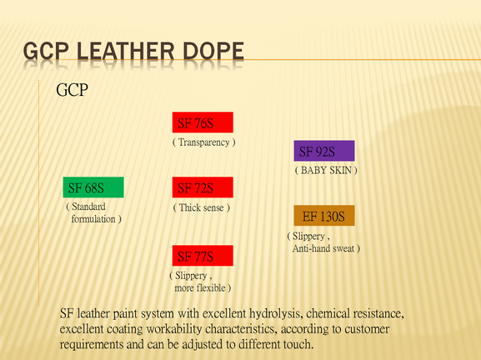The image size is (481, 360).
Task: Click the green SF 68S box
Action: pyautogui.click(x=93, y=187)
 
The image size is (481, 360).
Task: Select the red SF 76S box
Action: pyautogui.click(x=203, y=122)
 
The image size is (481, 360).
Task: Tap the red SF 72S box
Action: pyautogui.click(x=203, y=187)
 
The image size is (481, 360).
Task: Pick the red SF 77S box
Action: pyautogui.click(x=203, y=256)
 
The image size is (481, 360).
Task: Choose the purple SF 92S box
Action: pyautogui.click(x=324, y=151)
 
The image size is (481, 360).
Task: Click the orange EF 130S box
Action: pyautogui.click(x=324, y=216)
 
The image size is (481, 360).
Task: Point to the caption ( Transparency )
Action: pyautogui.click(x=204, y=142)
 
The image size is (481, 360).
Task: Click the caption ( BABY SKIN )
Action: pyautogui.click(x=326, y=170)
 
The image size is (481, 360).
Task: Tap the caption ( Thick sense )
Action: pyautogui.click(x=202, y=207)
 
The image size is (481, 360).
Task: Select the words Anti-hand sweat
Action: pyautogui.click(x=323, y=248)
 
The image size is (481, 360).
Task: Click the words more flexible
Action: pyautogui.click(x=200, y=288)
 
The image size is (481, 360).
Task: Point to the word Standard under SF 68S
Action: pyautogui.click(x=88, y=207)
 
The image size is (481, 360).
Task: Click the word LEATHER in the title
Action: pyautogui.click(x=125, y=51)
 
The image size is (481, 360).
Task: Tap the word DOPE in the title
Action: pyautogui.click(x=213, y=51)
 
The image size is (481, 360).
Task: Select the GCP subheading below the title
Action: pyautogui.click(x=72, y=90)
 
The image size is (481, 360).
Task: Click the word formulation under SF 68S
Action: pyautogui.click(x=93, y=219)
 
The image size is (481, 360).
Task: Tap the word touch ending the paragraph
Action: pyautogui.click(x=298, y=344)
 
